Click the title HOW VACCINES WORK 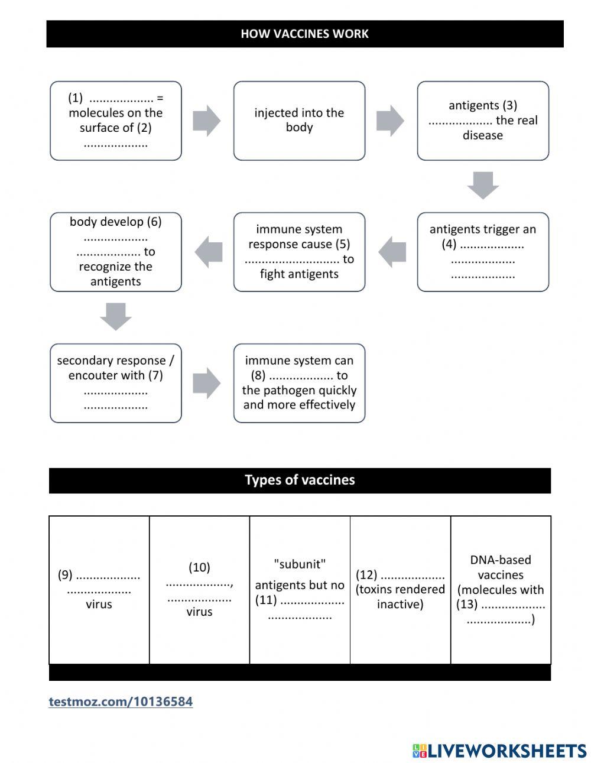(x=304, y=34)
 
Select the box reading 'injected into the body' (x=299, y=121)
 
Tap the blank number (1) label (x=75, y=98)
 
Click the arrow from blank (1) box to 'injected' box (x=206, y=121)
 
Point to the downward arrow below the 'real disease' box (x=483, y=186)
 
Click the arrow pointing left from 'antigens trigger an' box (x=392, y=252)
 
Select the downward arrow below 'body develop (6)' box (x=115, y=316)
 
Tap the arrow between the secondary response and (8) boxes (x=206, y=383)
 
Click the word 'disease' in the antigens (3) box (x=483, y=135)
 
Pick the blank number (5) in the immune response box (x=343, y=244)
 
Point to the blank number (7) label (x=155, y=375)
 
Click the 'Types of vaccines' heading (x=300, y=480)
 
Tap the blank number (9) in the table (x=65, y=575)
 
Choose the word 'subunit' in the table (x=300, y=564)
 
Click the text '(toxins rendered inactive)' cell (x=400, y=597)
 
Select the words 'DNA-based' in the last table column (x=501, y=560)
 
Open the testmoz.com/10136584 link (x=121, y=702)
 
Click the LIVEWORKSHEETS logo (x=499, y=751)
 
